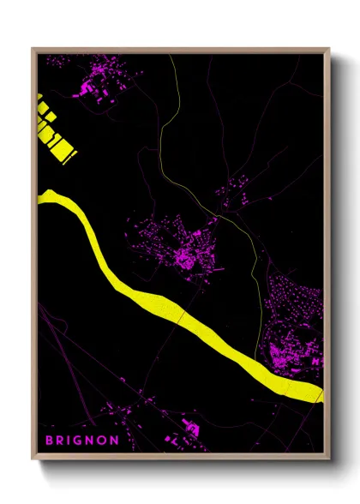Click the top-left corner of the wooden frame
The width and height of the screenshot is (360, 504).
click(x=33, y=49)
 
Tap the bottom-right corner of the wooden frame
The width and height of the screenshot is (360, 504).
click(x=329, y=459)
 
